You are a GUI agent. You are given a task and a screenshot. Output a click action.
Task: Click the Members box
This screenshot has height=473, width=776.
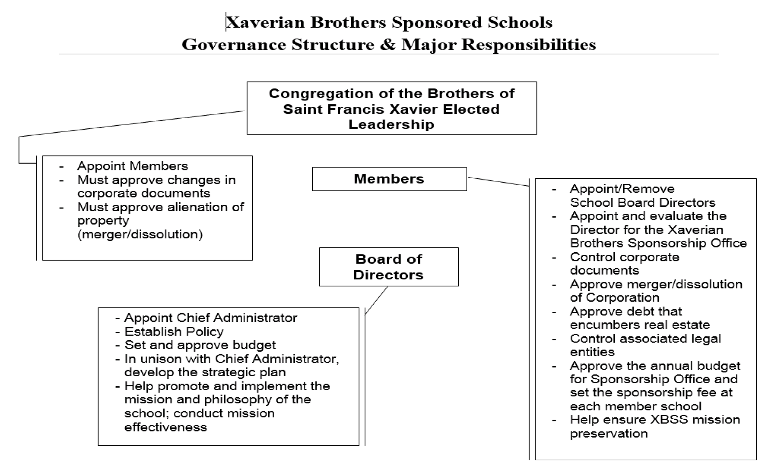[x=389, y=179]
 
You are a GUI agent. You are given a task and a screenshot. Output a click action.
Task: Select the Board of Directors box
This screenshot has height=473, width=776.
[x=388, y=267]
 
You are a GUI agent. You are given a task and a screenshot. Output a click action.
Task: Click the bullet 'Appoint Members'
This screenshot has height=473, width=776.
[x=132, y=166]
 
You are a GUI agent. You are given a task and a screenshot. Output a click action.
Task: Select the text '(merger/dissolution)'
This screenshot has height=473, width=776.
[x=140, y=234]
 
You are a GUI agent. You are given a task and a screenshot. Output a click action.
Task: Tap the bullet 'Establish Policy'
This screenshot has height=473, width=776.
[x=174, y=332]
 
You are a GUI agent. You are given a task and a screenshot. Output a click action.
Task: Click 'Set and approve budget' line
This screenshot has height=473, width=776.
[x=200, y=345]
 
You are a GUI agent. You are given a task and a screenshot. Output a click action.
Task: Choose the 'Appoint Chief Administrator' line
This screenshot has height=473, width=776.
[x=210, y=318]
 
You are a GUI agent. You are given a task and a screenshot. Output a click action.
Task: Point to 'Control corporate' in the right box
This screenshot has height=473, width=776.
[x=624, y=257]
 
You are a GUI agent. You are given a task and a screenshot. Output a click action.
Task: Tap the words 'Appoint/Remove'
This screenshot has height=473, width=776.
[x=622, y=189]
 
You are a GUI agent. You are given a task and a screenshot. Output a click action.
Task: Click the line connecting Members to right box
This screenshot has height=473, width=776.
[x=498, y=182]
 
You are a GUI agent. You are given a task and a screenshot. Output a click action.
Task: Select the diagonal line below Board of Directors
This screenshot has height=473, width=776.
[x=376, y=300]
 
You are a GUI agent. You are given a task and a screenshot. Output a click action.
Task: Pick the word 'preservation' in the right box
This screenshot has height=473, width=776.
[x=608, y=434]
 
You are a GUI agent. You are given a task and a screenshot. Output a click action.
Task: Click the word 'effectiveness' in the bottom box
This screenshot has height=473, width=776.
[x=166, y=427]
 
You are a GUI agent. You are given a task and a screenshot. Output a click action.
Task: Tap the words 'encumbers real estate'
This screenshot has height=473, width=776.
[x=639, y=325]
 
